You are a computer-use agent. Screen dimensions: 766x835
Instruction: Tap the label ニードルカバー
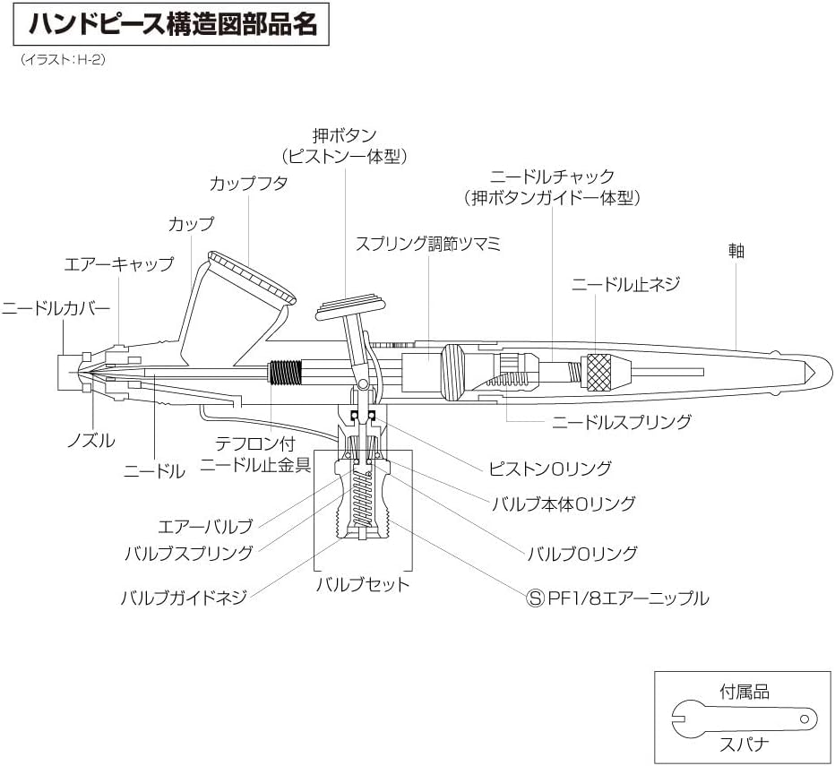coord(56,308)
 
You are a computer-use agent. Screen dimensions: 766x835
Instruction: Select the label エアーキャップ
coord(117,264)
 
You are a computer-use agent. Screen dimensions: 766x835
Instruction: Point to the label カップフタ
coord(249,183)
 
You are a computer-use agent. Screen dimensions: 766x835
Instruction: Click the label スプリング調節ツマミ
coord(427,244)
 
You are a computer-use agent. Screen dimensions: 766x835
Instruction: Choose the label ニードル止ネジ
coord(626,285)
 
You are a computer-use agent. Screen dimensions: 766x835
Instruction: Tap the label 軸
coord(736,251)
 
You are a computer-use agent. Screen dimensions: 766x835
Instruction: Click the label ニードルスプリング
coord(622,421)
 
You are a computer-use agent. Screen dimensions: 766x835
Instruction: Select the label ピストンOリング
coord(550,468)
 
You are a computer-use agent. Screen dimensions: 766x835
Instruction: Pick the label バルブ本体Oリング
coord(564,503)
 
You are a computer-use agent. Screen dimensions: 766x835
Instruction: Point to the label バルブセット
coord(363,585)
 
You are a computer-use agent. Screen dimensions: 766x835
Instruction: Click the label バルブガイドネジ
coord(184,598)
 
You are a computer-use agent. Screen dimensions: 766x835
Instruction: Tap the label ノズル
coord(91,441)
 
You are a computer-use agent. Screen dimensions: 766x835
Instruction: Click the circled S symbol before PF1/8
coord(535,598)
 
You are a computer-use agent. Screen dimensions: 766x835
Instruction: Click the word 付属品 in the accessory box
coord(745,692)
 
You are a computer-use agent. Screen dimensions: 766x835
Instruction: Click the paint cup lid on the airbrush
coord(252,277)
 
